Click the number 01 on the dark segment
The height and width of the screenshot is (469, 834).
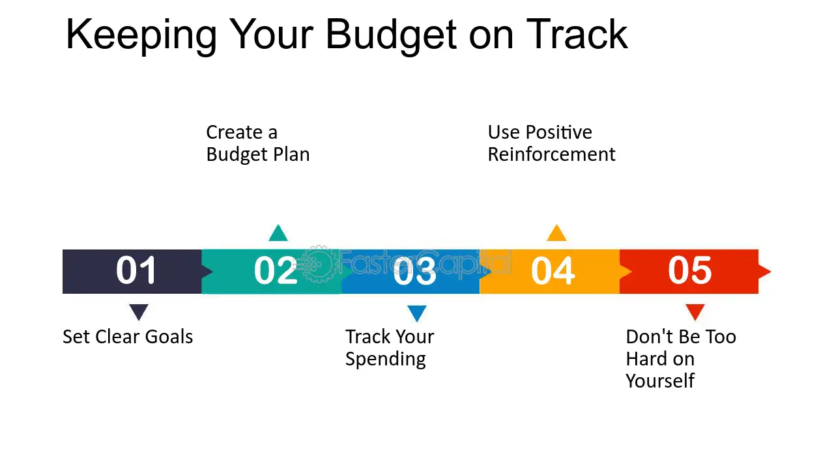pos(136,270)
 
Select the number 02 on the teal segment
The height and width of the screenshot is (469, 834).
pos(275,270)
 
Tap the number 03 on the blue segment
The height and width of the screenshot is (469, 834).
pos(414,270)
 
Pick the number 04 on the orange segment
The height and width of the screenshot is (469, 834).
pos(553,270)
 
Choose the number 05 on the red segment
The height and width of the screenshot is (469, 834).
pos(690,270)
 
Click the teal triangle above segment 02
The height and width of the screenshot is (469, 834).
pos(278,234)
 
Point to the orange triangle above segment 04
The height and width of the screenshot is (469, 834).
pos(556,234)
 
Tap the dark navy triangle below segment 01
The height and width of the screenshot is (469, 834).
pos(139,311)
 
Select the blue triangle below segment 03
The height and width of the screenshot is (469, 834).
pos(417,313)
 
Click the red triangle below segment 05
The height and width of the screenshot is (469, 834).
pos(695,311)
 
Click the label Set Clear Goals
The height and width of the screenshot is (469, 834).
pos(128,337)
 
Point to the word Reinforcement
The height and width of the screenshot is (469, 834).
pos(551,154)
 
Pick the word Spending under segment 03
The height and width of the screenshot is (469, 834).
pos(385,360)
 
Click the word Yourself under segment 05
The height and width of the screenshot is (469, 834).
pos(659,380)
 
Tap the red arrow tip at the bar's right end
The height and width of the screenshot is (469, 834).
pos(765,271)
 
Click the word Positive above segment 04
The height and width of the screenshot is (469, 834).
pos(559,132)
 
